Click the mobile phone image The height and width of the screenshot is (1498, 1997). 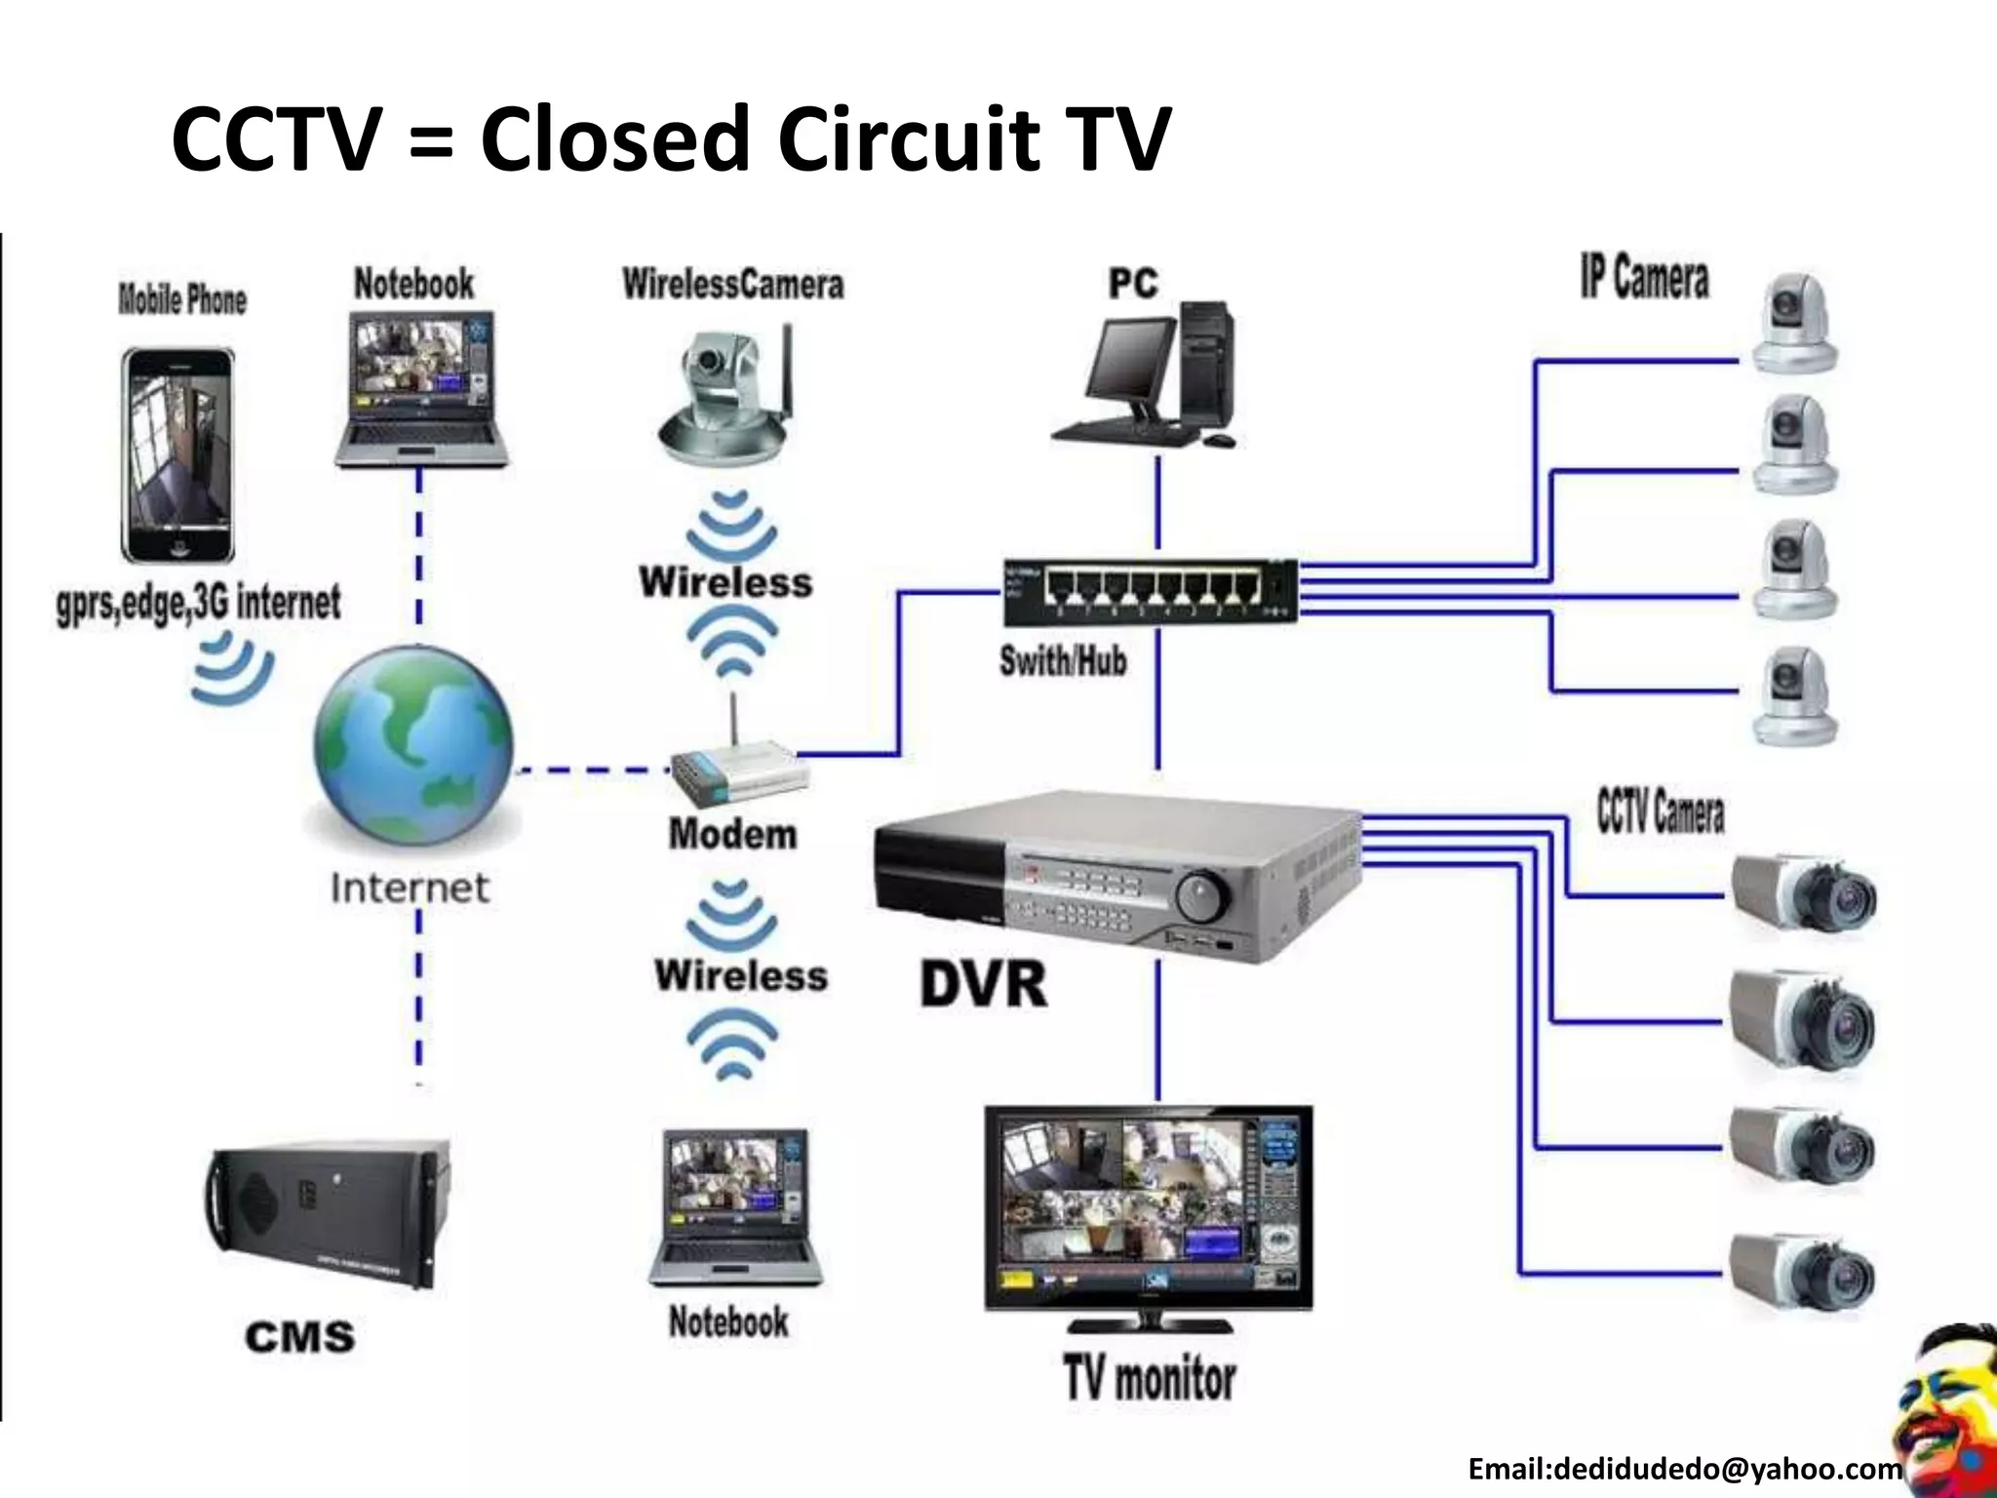point(177,455)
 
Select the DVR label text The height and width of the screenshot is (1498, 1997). point(983,983)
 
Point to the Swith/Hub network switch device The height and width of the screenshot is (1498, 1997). point(1151,591)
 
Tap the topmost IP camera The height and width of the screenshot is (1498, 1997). point(1794,323)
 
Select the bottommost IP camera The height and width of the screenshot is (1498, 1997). point(1794,698)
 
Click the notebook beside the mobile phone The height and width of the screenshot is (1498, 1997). point(421,388)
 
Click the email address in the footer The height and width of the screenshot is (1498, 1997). point(1685,1469)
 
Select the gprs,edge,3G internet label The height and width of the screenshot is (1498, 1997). point(199,603)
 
